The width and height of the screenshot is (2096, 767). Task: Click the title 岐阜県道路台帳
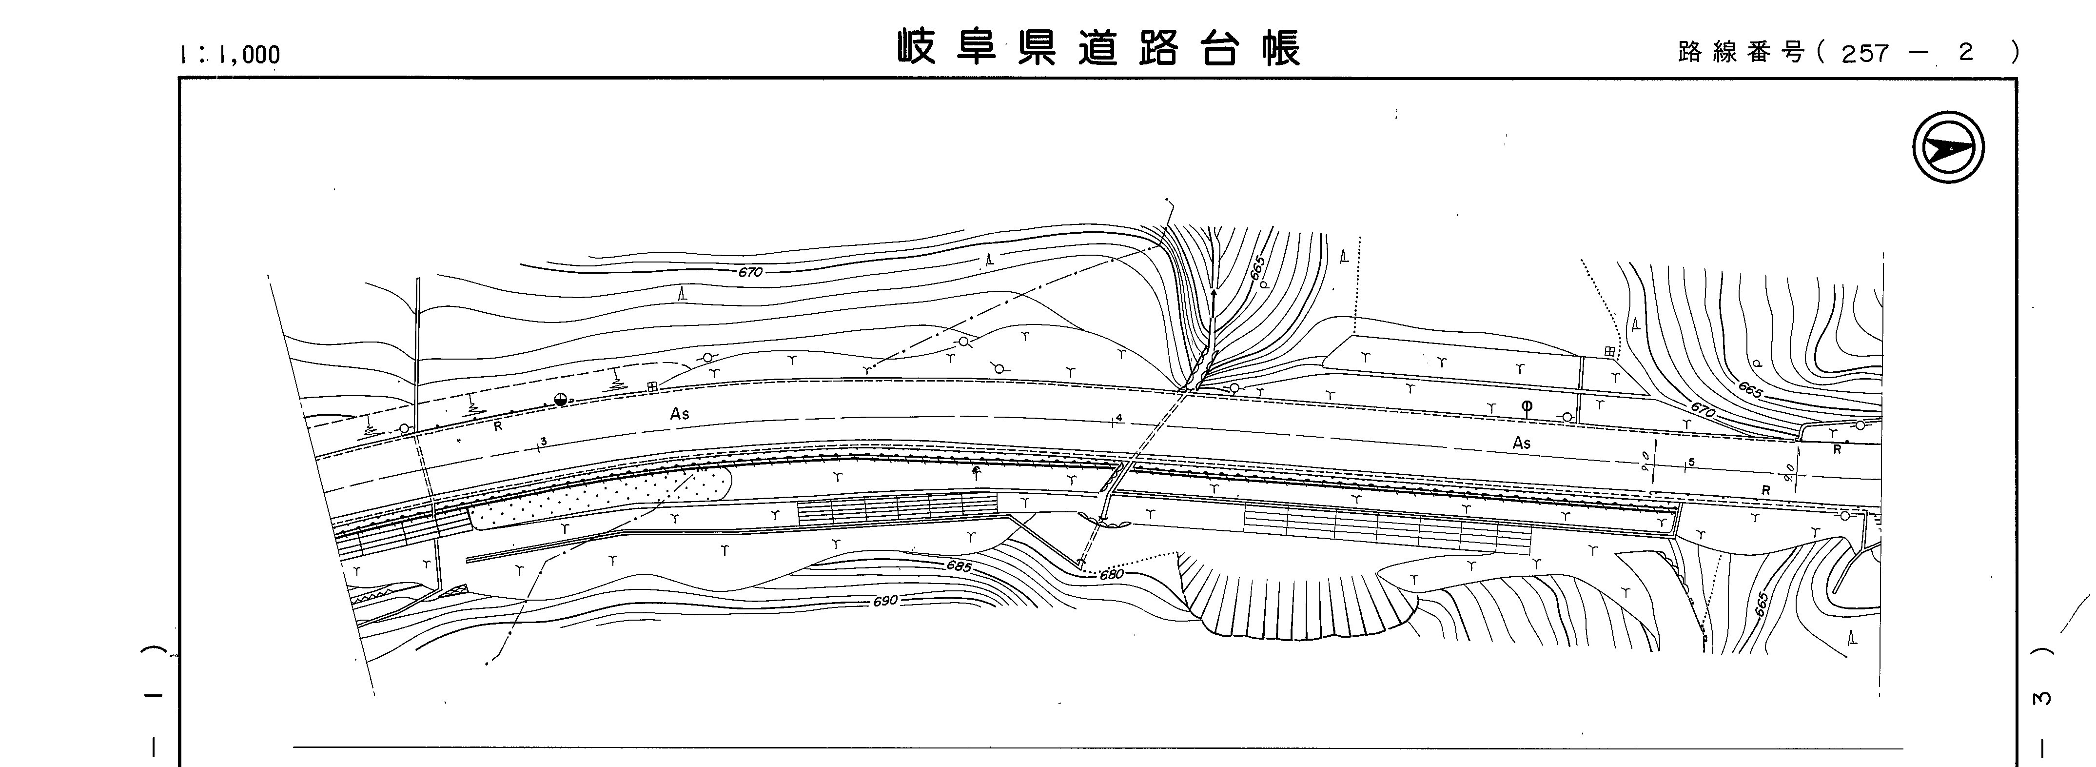[x=1098, y=49]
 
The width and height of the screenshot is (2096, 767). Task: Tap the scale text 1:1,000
[x=230, y=55]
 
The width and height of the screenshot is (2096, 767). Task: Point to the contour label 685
[x=959, y=565]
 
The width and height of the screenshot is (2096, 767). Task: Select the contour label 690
[x=885, y=601]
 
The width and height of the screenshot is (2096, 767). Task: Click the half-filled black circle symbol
[x=560, y=399]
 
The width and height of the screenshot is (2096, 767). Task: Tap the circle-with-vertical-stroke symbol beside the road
[x=1527, y=407]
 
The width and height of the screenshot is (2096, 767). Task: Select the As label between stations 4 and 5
[x=1522, y=443]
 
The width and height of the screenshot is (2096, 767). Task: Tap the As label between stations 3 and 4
[x=680, y=414]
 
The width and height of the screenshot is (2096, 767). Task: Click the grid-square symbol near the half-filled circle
[x=652, y=387]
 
